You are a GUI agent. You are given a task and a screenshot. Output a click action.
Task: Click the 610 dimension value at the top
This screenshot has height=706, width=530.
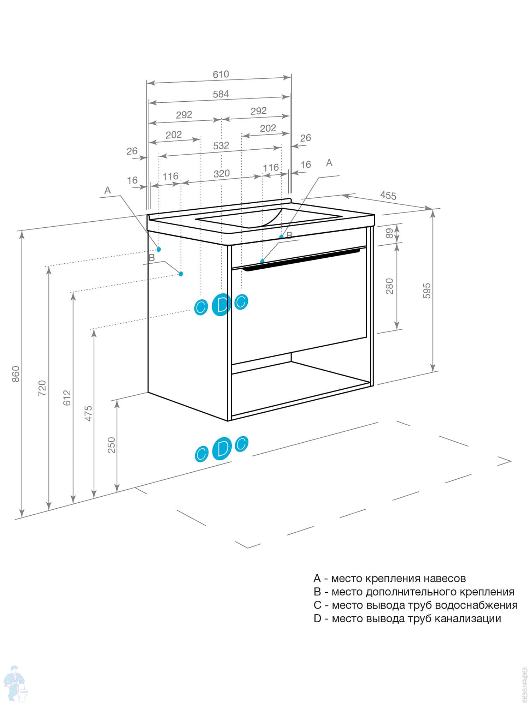[221, 74]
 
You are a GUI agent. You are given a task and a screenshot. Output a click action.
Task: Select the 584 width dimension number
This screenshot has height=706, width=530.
[221, 94]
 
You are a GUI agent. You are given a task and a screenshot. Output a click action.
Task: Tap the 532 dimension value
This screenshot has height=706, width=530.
[221, 145]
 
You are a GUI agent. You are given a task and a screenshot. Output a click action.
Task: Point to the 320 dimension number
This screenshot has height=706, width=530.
[222, 174]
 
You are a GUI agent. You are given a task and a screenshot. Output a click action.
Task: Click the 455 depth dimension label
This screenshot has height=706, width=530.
[388, 195]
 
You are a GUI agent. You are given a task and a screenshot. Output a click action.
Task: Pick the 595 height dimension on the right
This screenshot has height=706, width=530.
[427, 291]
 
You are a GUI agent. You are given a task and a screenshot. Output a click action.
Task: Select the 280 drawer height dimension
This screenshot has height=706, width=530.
[389, 286]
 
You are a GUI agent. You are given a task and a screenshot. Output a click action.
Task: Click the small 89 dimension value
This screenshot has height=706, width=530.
[389, 233]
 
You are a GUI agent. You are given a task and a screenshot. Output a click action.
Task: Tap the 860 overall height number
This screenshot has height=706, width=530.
[16, 374]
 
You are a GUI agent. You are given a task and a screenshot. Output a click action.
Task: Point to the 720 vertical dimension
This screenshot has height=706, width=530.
[42, 388]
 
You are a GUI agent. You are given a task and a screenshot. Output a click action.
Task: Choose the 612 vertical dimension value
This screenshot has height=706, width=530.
[67, 397]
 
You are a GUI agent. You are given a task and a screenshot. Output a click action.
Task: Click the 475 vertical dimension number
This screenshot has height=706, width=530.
[88, 413]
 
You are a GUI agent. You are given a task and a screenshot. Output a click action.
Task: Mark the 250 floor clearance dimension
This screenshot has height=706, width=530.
[111, 445]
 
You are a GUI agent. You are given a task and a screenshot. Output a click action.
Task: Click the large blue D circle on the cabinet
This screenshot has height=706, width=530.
[222, 304]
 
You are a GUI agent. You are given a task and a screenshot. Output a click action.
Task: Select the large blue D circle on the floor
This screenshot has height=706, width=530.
[222, 449]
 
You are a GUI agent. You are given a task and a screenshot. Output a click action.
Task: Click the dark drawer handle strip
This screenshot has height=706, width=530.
[300, 260]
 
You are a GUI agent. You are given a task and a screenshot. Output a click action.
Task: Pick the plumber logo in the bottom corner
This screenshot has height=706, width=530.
[15, 684]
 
